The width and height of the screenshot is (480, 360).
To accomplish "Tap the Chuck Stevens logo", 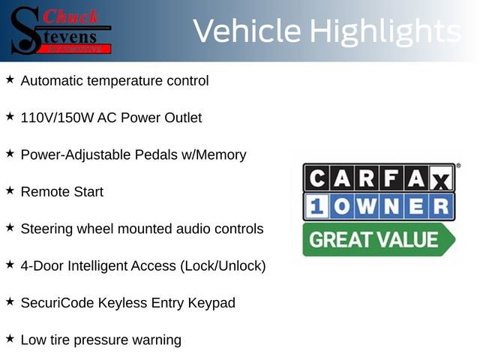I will click(x=60, y=31).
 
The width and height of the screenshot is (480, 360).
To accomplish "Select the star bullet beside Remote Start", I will click(x=10, y=191).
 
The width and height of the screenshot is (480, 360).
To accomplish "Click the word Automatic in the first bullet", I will click(x=52, y=80).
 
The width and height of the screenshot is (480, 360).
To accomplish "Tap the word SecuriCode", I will click(x=56, y=303).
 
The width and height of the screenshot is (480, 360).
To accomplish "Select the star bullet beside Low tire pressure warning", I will click(x=10, y=339).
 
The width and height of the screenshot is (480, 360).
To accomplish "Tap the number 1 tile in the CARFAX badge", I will click(x=316, y=206).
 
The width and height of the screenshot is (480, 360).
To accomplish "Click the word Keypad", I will click(x=211, y=303).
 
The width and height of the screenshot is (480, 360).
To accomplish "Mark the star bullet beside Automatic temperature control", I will click(x=10, y=79).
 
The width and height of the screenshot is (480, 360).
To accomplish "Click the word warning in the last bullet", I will click(x=156, y=340).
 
